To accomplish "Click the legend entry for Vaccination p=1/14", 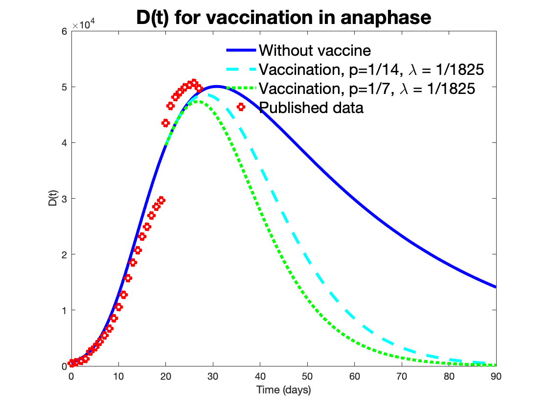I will [371, 69].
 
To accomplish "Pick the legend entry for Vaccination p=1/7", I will [367, 89].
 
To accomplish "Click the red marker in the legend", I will [241, 107].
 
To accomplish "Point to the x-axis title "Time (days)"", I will [283, 390].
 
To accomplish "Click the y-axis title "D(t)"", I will [53, 198].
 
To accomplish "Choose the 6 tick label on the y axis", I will [64, 31].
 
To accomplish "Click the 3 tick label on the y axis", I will [64, 199].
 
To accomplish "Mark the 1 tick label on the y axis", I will [64, 310].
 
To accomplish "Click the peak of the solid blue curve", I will [216, 87].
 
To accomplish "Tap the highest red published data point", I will [194, 82].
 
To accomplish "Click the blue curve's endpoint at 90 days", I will [496, 287].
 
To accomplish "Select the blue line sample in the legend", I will [240, 50].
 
